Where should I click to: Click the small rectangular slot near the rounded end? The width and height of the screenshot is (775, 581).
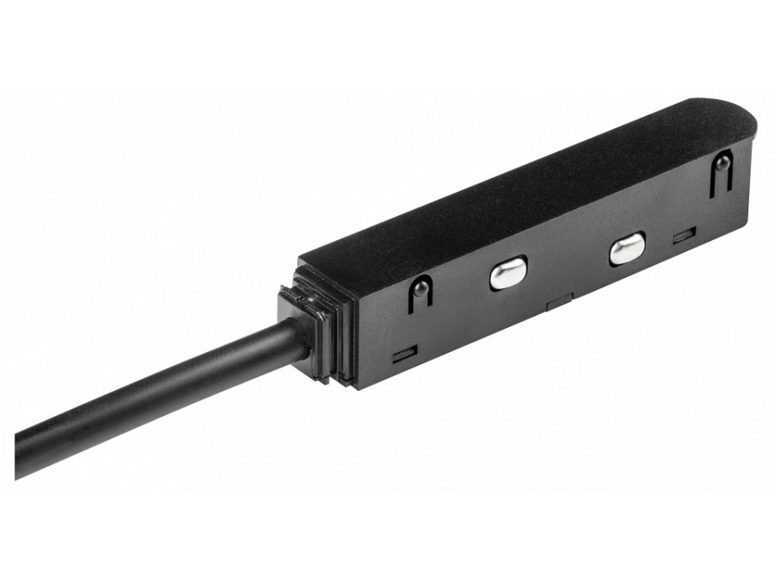[x=685, y=233]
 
